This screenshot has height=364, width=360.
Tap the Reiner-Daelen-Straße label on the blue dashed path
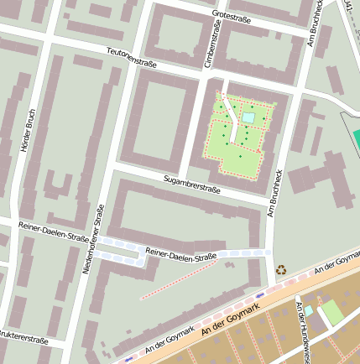tap(180, 254)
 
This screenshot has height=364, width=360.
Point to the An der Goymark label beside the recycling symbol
tap(336, 268)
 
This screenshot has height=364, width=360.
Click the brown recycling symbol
tap(280, 270)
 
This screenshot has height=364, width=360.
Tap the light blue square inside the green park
tap(248, 118)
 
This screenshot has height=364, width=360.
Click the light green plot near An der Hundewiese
tap(331, 312)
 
